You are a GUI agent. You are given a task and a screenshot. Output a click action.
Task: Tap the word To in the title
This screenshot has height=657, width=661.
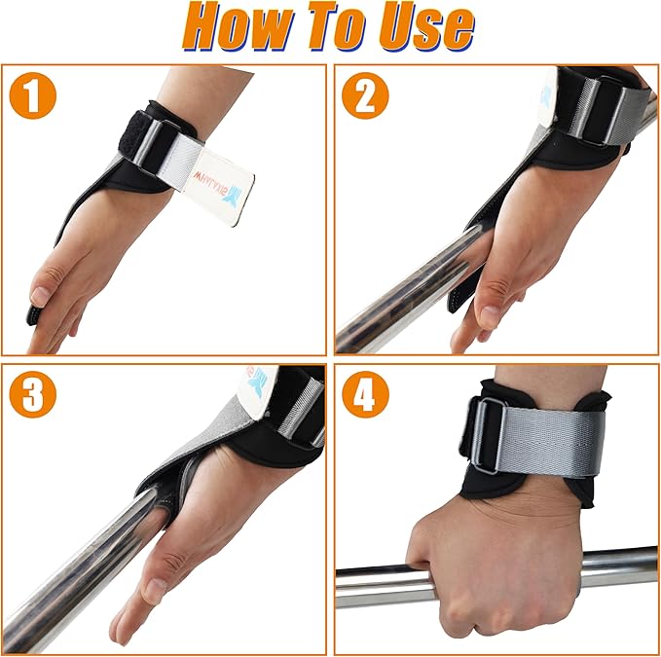pos(335,29)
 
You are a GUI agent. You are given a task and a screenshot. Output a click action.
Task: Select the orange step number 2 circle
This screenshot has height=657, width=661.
pos(365,97)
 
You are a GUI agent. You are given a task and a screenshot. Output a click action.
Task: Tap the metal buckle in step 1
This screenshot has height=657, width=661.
pos(160,146)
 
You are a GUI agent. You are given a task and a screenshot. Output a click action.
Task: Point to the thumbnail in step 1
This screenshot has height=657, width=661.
pos(40,296)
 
